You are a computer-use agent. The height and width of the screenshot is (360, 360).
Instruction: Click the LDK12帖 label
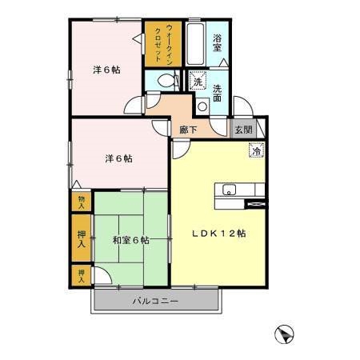point(218,234)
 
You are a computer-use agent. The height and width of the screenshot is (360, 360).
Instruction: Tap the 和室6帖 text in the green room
point(130,239)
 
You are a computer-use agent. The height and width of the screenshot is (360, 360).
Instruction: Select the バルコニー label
point(156,301)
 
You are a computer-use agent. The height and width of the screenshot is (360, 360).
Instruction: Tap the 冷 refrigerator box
point(257,150)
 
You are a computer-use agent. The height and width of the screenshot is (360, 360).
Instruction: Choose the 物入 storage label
point(80,202)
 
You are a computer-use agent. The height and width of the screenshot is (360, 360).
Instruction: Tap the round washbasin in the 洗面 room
point(202,106)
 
